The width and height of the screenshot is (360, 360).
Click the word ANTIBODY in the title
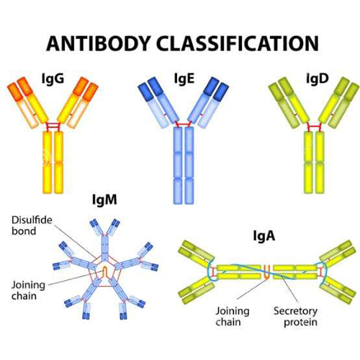coord(98,43)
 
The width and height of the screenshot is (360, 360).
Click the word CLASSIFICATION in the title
coord(238,43)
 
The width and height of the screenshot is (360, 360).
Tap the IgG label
coord(53,78)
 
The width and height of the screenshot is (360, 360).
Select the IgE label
coord(184,78)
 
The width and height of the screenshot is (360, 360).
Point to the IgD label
coord(318,78)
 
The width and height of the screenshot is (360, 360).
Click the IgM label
coord(104,199)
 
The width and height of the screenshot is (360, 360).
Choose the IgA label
coord(264,235)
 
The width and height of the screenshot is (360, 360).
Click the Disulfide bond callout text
coord(32,225)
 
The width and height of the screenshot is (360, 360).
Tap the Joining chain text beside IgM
coord(28,290)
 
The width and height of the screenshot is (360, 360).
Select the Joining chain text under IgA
coord(232,316)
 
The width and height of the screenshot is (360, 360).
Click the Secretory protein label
coord(295,316)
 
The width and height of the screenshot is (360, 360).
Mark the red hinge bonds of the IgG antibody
coord(53,126)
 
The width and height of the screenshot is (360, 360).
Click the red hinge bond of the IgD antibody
coord(314,127)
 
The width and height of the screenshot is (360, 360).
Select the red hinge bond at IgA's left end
coord(212,272)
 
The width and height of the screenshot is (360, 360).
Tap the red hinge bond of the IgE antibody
coord(184,125)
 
